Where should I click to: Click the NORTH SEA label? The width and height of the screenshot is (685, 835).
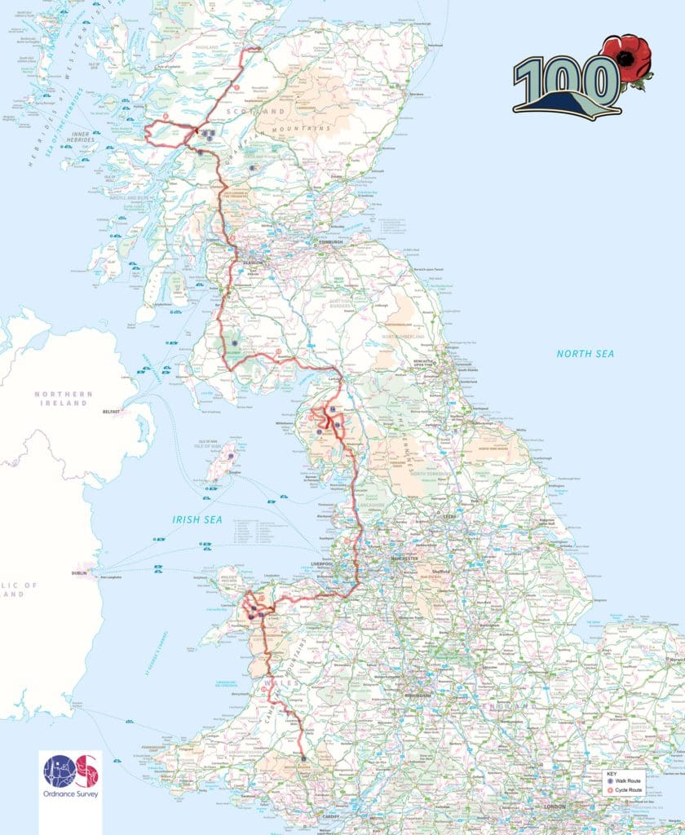(585, 353)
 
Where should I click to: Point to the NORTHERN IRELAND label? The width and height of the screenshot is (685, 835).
(63, 399)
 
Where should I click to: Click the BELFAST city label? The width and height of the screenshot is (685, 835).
(112, 413)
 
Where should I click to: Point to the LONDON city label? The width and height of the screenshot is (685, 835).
(555, 807)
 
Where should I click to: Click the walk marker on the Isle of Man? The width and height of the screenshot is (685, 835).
(231, 456)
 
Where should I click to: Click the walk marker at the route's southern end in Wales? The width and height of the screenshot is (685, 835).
(303, 759)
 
